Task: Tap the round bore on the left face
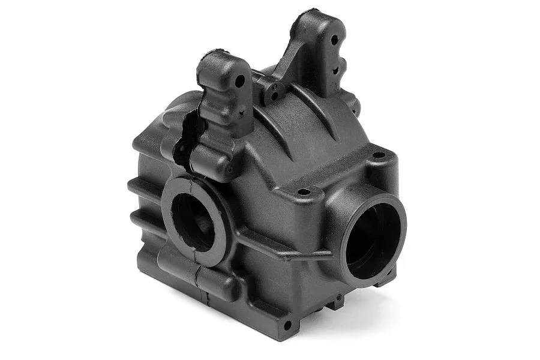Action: click(193, 221)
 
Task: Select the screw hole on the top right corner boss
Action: click(379, 155)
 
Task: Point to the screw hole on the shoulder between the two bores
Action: click(304, 192)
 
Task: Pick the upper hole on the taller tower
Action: click(335, 40)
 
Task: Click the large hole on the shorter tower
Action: click(240, 80)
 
